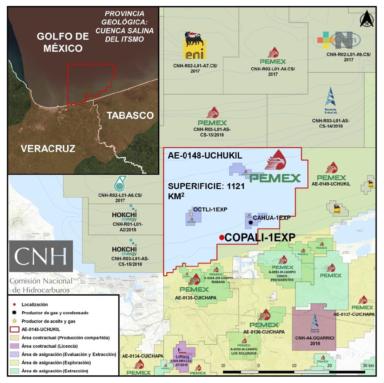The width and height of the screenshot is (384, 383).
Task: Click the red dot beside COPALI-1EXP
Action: pos(221,238)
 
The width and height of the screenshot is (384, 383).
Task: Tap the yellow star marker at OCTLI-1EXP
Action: pos(191,214)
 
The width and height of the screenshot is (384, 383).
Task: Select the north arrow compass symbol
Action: pos(366,19)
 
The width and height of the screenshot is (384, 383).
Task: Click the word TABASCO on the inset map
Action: pos(130,115)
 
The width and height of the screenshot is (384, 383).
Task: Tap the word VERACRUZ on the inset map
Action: pos(48,148)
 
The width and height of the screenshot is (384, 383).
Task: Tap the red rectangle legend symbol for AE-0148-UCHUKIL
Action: pos(13,329)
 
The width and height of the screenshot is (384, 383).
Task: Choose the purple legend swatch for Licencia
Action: pos(13,346)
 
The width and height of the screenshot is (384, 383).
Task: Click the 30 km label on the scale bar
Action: pos(368,366)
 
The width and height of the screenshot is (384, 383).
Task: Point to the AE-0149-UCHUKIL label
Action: pos(331,184)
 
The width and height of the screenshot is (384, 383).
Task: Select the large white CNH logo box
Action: pos(41,256)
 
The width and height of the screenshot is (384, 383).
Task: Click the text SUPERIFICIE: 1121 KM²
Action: pos(206,191)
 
